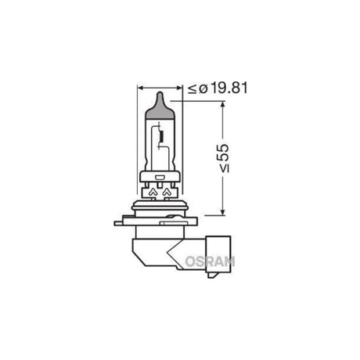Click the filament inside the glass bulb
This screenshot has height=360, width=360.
point(162,141)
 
